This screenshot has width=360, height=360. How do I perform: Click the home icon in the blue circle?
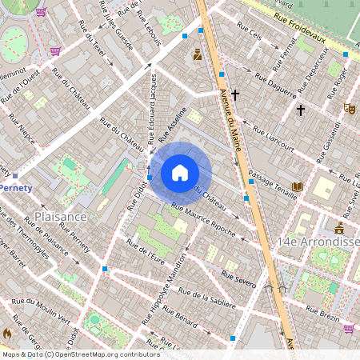point(180,173)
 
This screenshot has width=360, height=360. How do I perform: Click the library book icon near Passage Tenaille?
point(298,187)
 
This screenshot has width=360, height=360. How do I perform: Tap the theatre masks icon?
point(349,107)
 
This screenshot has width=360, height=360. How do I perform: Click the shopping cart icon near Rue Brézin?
point(349,328)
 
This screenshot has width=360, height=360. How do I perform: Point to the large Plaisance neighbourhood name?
point(60,217)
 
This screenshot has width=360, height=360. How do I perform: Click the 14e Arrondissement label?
point(318,241)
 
